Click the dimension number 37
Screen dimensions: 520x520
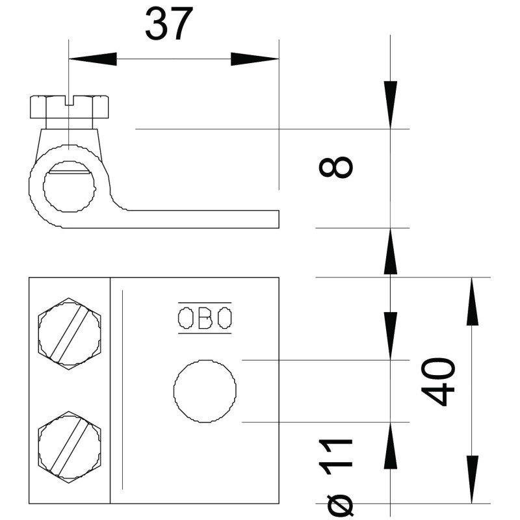(x=169, y=24)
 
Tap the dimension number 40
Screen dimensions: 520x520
(x=438, y=382)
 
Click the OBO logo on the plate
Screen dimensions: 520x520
(x=205, y=318)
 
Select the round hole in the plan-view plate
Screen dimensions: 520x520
(x=205, y=391)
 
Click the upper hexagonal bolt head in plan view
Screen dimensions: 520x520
(x=69, y=333)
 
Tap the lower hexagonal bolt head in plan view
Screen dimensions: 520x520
(x=69, y=447)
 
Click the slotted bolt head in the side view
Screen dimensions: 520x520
(x=70, y=107)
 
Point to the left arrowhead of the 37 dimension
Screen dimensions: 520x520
(x=92, y=59)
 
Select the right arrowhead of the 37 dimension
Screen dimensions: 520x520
(x=255, y=59)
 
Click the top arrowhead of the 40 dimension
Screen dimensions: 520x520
(x=472, y=302)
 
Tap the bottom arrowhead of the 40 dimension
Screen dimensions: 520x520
(x=472, y=480)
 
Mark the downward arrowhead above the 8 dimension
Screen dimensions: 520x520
(x=391, y=105)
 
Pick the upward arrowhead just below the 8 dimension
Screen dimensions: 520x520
(x=391, y=252)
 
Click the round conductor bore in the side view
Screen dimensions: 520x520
(x=69, y=187)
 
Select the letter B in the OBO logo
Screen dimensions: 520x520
(x=205, y=318)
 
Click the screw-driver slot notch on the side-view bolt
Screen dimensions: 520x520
(x=70, y=101)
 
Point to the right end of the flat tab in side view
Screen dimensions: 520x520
(x=279, y=219)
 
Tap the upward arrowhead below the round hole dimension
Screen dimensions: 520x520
(x=391, y=446)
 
